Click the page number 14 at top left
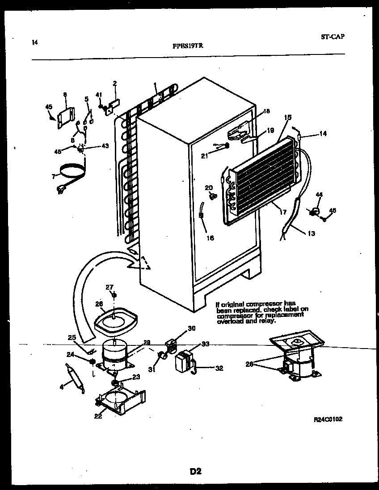point(35,43)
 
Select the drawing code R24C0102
point(328,419)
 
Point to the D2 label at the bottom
point(195,471)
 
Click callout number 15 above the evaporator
point(287,117)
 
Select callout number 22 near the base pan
point(98,416)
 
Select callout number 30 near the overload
point(191,328)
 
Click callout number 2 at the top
point(114,83)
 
